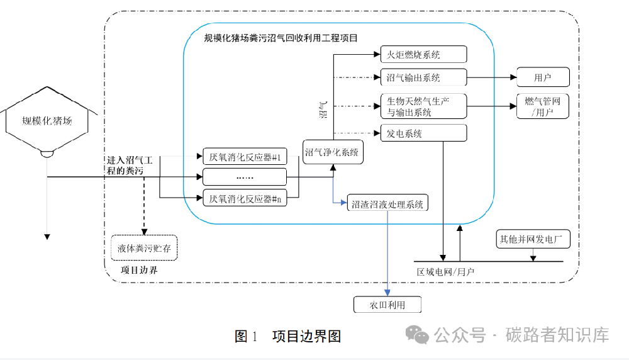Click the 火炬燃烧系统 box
[x=423, y=55]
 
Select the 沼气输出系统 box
[x=423, y=78]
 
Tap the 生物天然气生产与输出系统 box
[x=423, y=106]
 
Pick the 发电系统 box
[x=423, y=133]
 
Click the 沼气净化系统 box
[x=332, y=152]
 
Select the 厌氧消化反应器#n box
[x=245, y=199]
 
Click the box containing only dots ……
[x=245, y=177]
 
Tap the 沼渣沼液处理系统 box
[x=387, y=204]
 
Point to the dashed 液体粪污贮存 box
[x=144, y=248]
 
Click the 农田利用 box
[x=387, y=305]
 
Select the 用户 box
[x=542, y=78]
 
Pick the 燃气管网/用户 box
[x=542, y=106]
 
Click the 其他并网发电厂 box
[x=534, y=239]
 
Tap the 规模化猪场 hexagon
[x=47, y=120]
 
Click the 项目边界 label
[x=139, y=270]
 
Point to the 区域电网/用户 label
[x=446, y=272]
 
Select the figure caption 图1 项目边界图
[x=287, y=336]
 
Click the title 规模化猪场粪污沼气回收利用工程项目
[x=281, y=38]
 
